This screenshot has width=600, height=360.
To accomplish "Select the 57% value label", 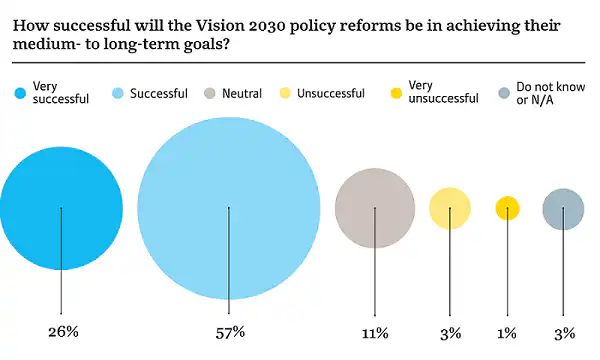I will [x=230, y=332].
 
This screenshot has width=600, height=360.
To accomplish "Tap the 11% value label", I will [x=374, y=332].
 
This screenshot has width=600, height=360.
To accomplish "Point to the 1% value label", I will [x=507, y=332].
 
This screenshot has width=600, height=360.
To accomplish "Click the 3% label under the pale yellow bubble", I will [x=450, y=332].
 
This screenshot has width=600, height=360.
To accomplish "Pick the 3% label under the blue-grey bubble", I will [x=563, y=332].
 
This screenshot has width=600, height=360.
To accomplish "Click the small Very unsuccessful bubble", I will [x=507, y=208].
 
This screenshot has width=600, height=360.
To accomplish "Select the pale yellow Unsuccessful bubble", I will [x=450, y=208].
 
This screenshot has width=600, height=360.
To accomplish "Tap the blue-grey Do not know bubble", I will [x=563, y=209].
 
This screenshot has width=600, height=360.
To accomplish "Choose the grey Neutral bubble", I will [x=374, y=208].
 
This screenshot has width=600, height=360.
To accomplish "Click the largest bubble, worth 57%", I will [x=229, y=208].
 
